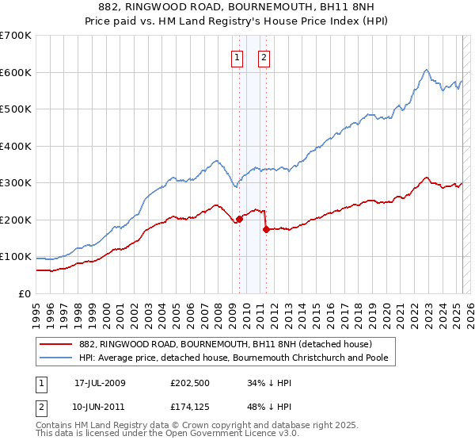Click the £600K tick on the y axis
(16, 72)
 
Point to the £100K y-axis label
(16, 257)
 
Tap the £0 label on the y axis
(25, 293)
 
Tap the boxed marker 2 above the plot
(264, 56)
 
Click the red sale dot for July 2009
(239, 220)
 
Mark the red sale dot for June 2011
(266, 230)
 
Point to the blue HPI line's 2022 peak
(426, 70)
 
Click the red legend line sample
(56, 343)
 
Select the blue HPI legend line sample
(56, 358)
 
